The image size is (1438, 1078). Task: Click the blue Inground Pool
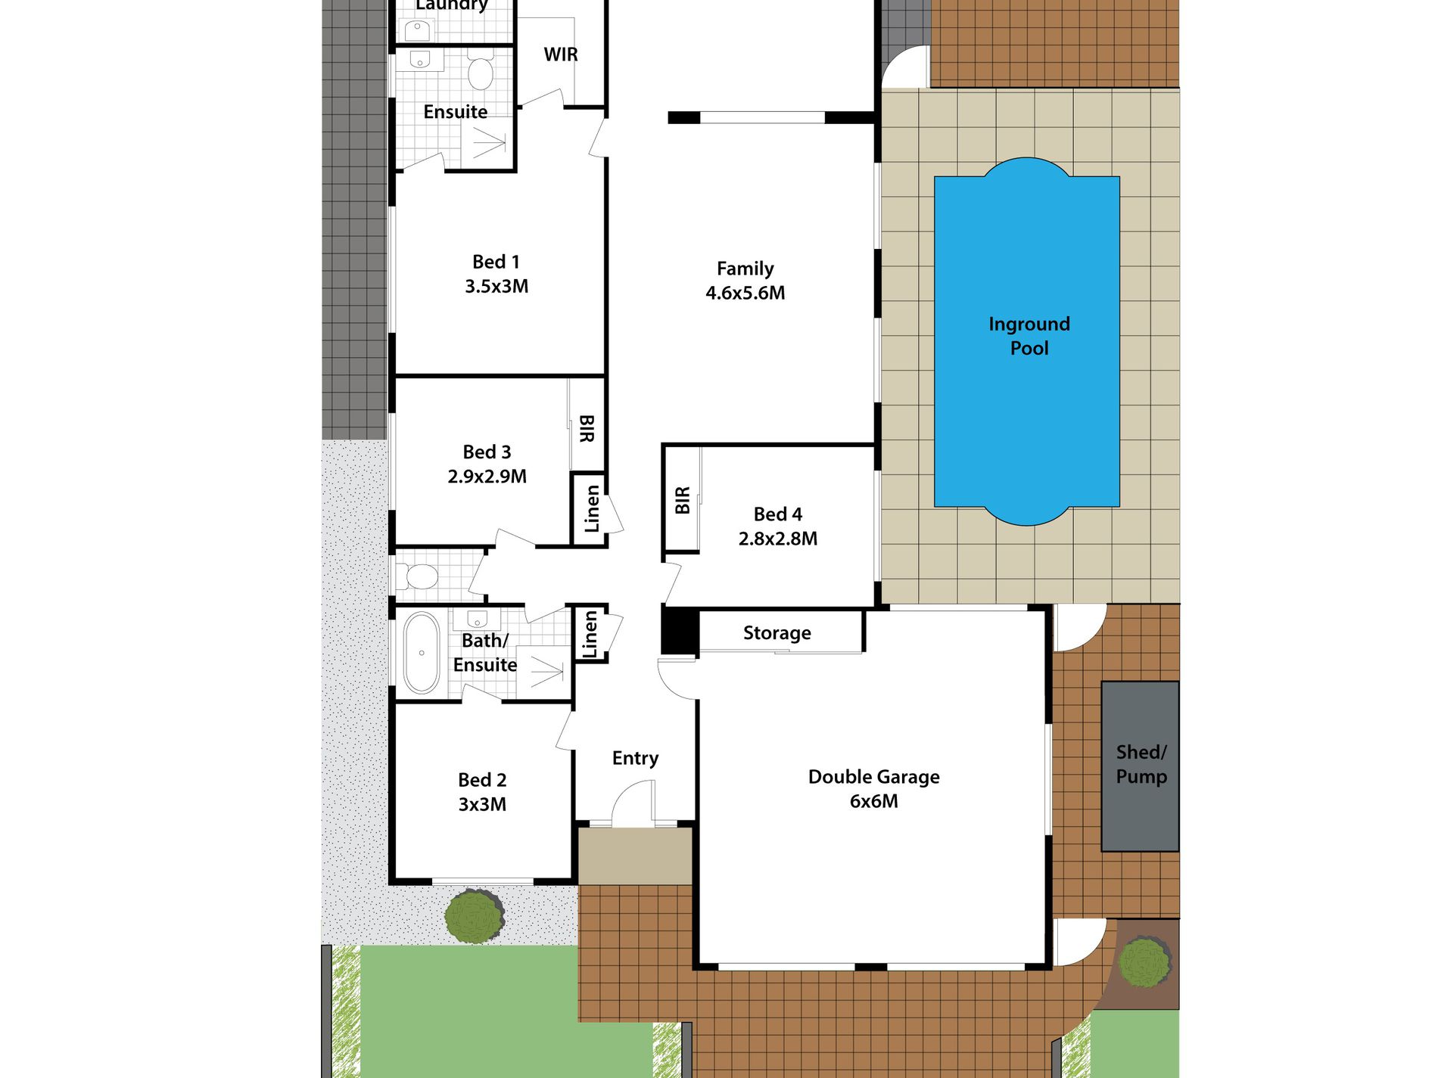1027,341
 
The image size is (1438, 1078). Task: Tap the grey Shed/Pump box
1140,766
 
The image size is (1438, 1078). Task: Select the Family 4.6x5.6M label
745,281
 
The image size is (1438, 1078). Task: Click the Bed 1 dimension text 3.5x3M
496,287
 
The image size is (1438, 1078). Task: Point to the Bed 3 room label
487,452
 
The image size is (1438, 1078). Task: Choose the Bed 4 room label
778,514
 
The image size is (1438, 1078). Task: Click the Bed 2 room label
482,780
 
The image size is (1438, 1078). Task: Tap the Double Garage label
874,777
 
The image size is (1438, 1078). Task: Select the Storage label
777,633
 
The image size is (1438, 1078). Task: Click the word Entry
635,758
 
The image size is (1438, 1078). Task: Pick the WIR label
561,54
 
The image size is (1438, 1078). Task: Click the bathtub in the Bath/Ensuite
422,653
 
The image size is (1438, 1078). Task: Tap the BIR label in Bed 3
587,428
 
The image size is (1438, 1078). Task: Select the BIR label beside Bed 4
682,500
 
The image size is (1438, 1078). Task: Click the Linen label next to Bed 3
592,508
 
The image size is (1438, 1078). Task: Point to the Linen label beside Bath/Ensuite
590,634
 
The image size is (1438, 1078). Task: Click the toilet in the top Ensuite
480,70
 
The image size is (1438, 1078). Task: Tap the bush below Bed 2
475,916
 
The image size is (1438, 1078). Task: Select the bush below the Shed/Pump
1145,961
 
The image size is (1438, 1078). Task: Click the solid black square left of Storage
680,629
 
